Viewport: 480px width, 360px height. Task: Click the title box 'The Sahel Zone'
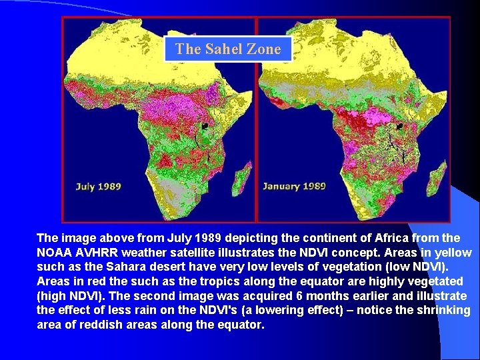tap(228, 49)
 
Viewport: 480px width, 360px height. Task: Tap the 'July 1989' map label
tap(98, 186)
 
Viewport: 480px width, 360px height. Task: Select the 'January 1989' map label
tap(294, 186)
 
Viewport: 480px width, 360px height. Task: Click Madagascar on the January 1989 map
tap(439, 173)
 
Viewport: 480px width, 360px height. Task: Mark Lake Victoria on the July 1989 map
tap(205, 127)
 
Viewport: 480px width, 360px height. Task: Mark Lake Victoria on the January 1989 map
tap(400, 127)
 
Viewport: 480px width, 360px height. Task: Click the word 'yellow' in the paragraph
tap(453, 253)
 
